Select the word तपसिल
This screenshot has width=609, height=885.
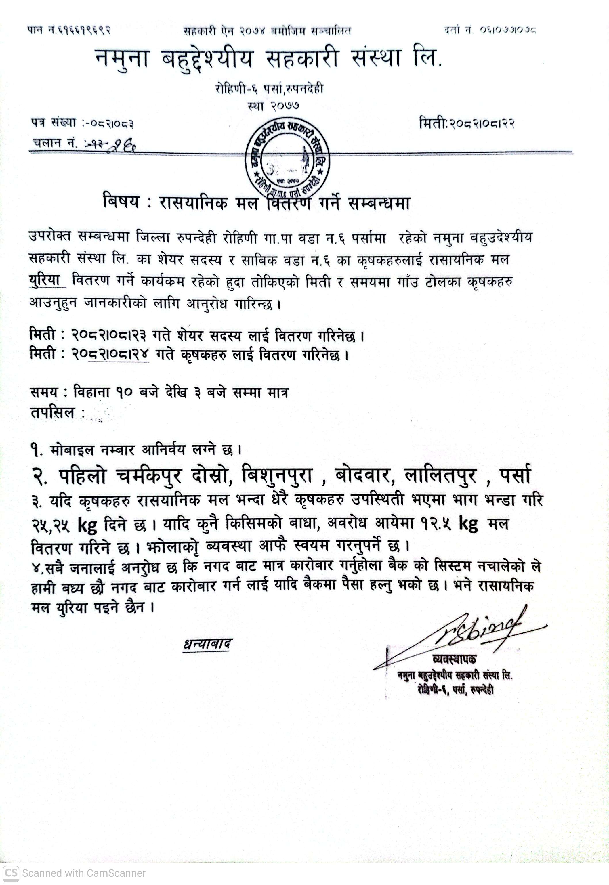[53, 413]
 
